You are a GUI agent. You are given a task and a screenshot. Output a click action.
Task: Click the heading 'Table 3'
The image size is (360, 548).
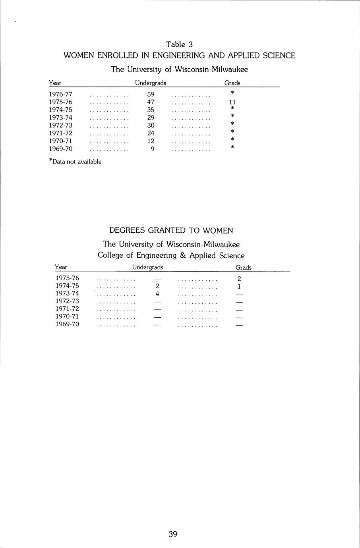click(180, 44)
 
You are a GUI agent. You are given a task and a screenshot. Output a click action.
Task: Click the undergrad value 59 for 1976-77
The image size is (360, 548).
click(151, 95)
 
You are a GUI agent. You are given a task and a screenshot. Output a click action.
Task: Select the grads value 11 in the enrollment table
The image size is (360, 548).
click(232, 102)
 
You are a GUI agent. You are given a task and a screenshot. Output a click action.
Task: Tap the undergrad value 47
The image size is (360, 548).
click(151, 102)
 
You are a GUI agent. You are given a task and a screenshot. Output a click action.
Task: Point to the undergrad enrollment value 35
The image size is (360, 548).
click(151, 110)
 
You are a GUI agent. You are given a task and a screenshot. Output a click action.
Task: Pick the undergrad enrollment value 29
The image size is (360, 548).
click(151, 118)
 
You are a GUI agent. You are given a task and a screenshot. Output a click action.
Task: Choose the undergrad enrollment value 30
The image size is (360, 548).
click(151, 125)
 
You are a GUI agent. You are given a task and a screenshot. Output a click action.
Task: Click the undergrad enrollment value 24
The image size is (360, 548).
click(151, 133)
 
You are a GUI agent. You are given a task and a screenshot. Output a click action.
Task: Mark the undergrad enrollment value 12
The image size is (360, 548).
click(151, 141)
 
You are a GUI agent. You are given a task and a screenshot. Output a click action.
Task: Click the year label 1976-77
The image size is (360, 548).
click(60, 95)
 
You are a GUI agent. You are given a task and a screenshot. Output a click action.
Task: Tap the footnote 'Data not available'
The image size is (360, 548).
click(77, 162)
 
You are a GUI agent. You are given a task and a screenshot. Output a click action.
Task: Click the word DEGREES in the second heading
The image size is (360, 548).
click(127, 231)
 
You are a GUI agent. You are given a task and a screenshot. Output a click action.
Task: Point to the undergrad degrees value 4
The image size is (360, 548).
click(157, 294)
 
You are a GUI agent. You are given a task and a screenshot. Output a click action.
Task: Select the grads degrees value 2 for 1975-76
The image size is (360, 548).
click(239, 279)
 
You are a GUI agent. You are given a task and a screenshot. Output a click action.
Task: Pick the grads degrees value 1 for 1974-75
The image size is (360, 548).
click(239, 286)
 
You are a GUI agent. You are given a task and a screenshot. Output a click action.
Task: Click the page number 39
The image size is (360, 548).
click(173, 534)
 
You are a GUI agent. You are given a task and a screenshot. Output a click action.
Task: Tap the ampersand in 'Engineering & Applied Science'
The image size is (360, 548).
click(183, 256)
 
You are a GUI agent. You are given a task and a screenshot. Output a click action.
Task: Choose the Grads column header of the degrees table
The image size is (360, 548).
click(243, 268)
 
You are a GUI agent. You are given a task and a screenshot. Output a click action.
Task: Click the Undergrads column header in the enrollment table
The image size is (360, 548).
click(151, 83)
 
